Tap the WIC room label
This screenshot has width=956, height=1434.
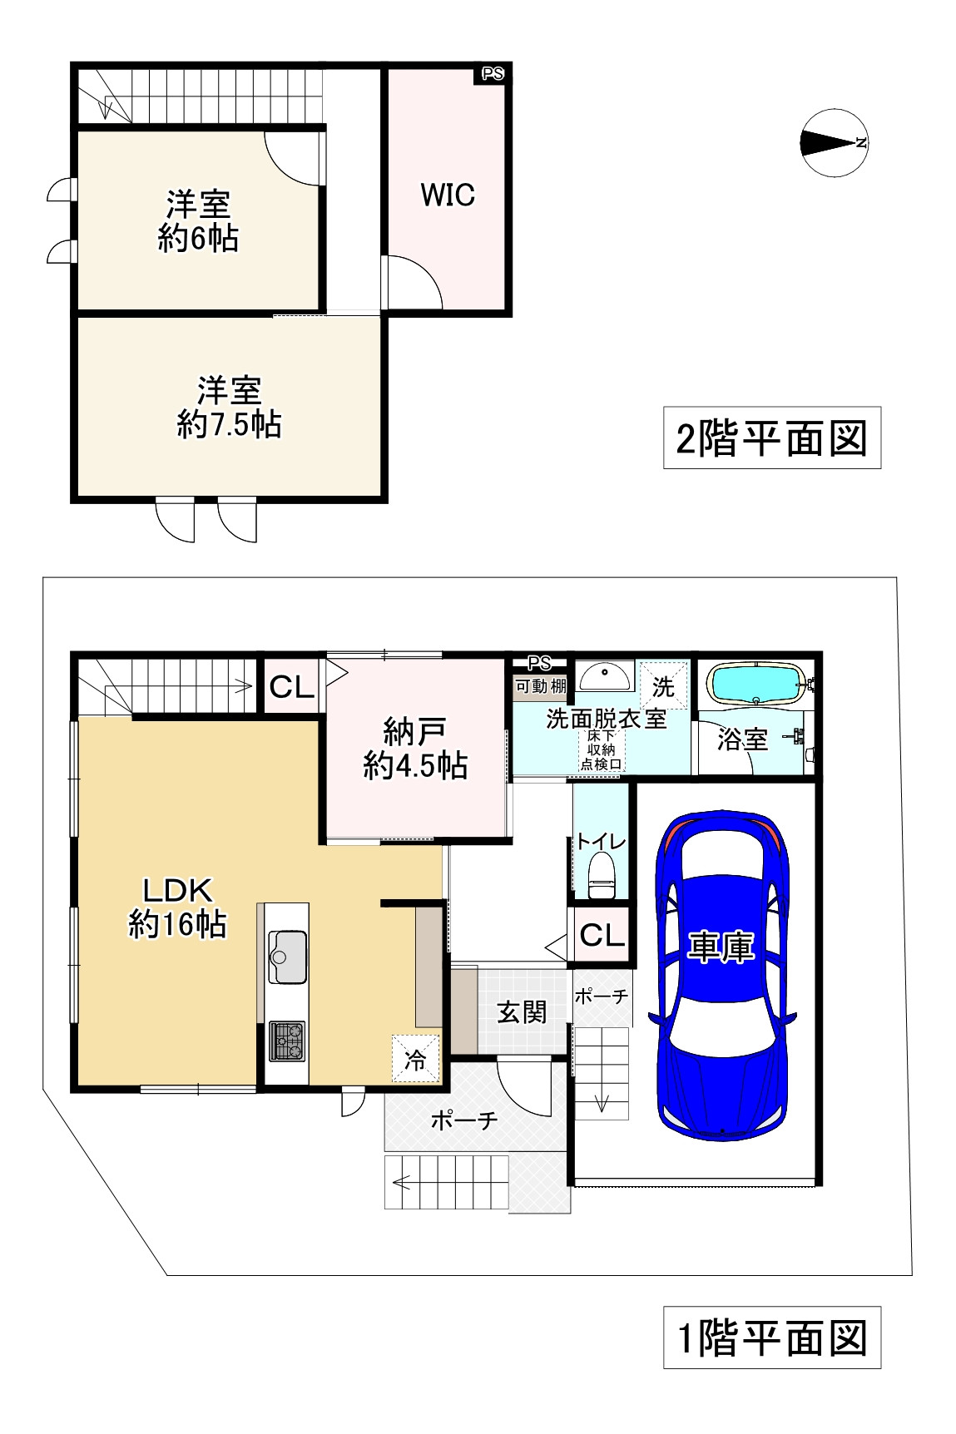448,195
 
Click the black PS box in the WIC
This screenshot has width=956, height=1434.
492,74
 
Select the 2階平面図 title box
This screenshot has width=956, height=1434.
771,438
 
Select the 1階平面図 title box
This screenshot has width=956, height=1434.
771,1338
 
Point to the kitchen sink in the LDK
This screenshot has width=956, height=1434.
287,957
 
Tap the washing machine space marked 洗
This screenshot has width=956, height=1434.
663,687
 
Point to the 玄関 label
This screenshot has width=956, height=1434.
522,1011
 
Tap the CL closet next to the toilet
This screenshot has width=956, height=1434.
601,936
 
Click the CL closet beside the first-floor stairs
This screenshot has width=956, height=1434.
291,687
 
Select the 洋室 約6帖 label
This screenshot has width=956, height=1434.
198,221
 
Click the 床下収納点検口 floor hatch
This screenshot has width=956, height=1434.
601,750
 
